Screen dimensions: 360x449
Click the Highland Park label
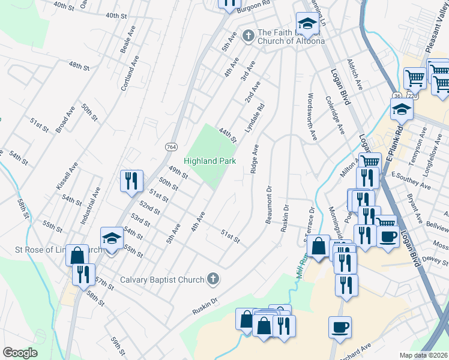pos(209,161)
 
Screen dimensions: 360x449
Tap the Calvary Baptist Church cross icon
pos(211,279)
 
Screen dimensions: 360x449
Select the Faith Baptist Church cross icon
pos(247,36)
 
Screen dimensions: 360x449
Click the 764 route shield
pos(171,147)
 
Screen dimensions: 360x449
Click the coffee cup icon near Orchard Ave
pos(340,327)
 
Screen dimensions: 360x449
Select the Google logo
pos(20,353)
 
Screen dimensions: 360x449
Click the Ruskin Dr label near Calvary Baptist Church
pos(205,307)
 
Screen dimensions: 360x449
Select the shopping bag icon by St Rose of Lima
pos(77,254)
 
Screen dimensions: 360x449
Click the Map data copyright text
pos(423,355)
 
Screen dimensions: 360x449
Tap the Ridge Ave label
pos(255,159)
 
